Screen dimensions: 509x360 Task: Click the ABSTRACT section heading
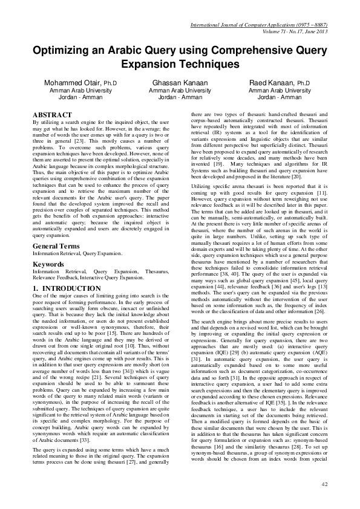51,115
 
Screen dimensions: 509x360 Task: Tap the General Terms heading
57,247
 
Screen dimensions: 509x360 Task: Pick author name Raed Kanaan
270,82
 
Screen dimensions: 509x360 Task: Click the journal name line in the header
258,25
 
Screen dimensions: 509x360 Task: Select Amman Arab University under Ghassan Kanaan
179,89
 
